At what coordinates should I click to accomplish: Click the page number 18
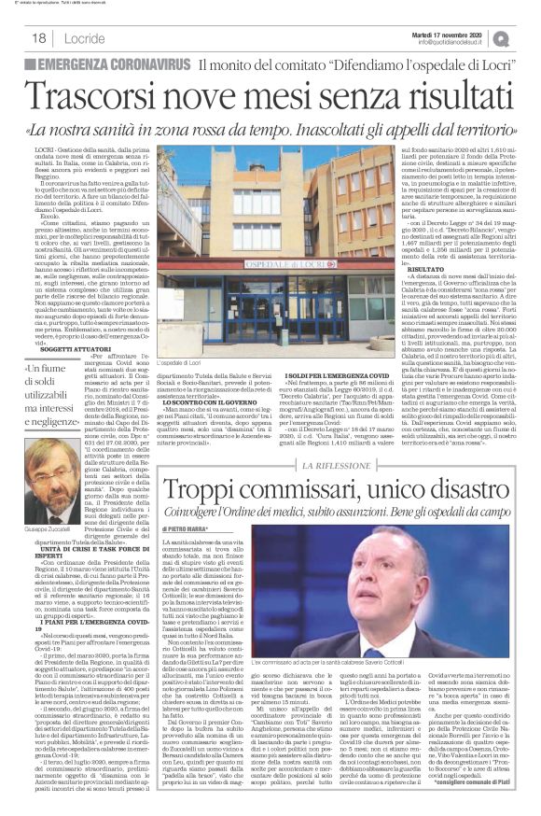38,37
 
